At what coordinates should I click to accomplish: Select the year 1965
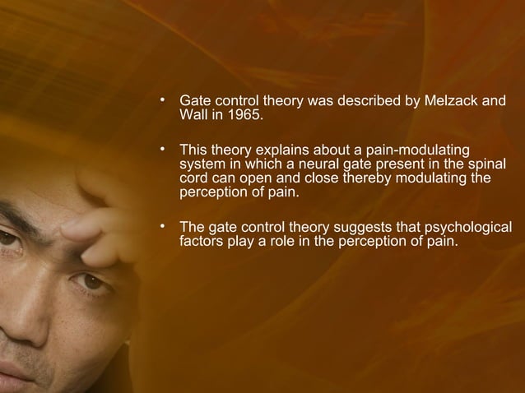tap(244, 117)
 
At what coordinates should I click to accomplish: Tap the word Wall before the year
tap(193, 117)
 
